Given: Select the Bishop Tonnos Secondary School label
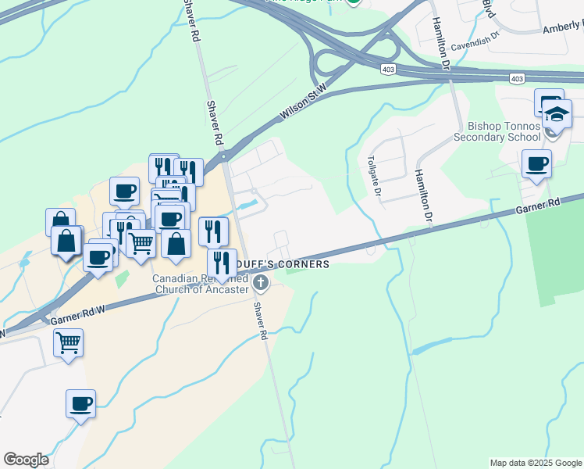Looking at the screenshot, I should [504, 131].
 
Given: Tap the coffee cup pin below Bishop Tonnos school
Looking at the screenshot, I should [536, 165].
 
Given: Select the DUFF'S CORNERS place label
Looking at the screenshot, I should [297, 264].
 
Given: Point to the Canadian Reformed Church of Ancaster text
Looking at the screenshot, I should [201, 284].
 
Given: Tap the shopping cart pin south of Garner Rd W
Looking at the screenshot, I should [69, 342].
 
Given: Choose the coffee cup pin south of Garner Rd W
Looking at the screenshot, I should [80, 404].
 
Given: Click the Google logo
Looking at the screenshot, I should [26, 460].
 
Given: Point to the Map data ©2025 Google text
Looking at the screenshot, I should [536, 463].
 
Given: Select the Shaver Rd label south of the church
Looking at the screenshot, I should [262, 320].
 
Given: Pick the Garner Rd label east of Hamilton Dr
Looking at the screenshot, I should [538, 207].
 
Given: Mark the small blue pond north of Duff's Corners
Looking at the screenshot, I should [247, 205].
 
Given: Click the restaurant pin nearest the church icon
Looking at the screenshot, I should [222, 262].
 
